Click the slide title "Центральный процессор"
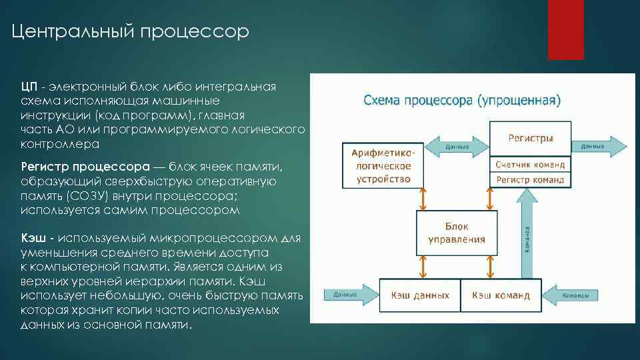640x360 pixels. pos(131,31)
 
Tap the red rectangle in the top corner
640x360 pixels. pos(565,29)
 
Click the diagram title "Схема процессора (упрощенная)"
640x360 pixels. pos(462,101)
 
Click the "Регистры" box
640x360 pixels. pos(531,139)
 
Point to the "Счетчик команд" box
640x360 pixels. pos(531,164)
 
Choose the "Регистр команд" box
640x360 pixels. pos(531,179)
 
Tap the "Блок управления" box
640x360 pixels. pos(457,233)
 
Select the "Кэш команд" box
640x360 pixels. pos(501,295)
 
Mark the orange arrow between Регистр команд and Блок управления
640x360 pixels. pos(489,199)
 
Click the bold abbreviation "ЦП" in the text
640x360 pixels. pos(29,87)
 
